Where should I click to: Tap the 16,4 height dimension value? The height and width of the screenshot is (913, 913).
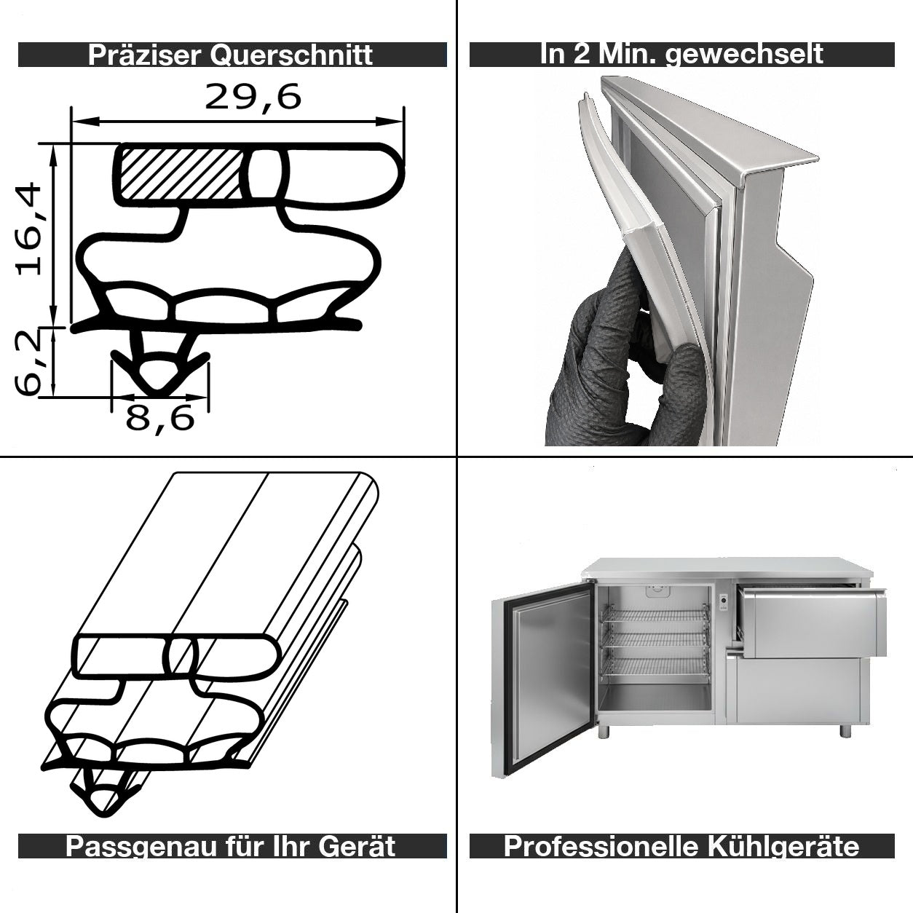29,229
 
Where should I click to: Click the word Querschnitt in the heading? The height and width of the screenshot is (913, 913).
291,55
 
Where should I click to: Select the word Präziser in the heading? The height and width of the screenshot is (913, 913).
144,55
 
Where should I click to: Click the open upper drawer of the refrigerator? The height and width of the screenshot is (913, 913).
811,622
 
